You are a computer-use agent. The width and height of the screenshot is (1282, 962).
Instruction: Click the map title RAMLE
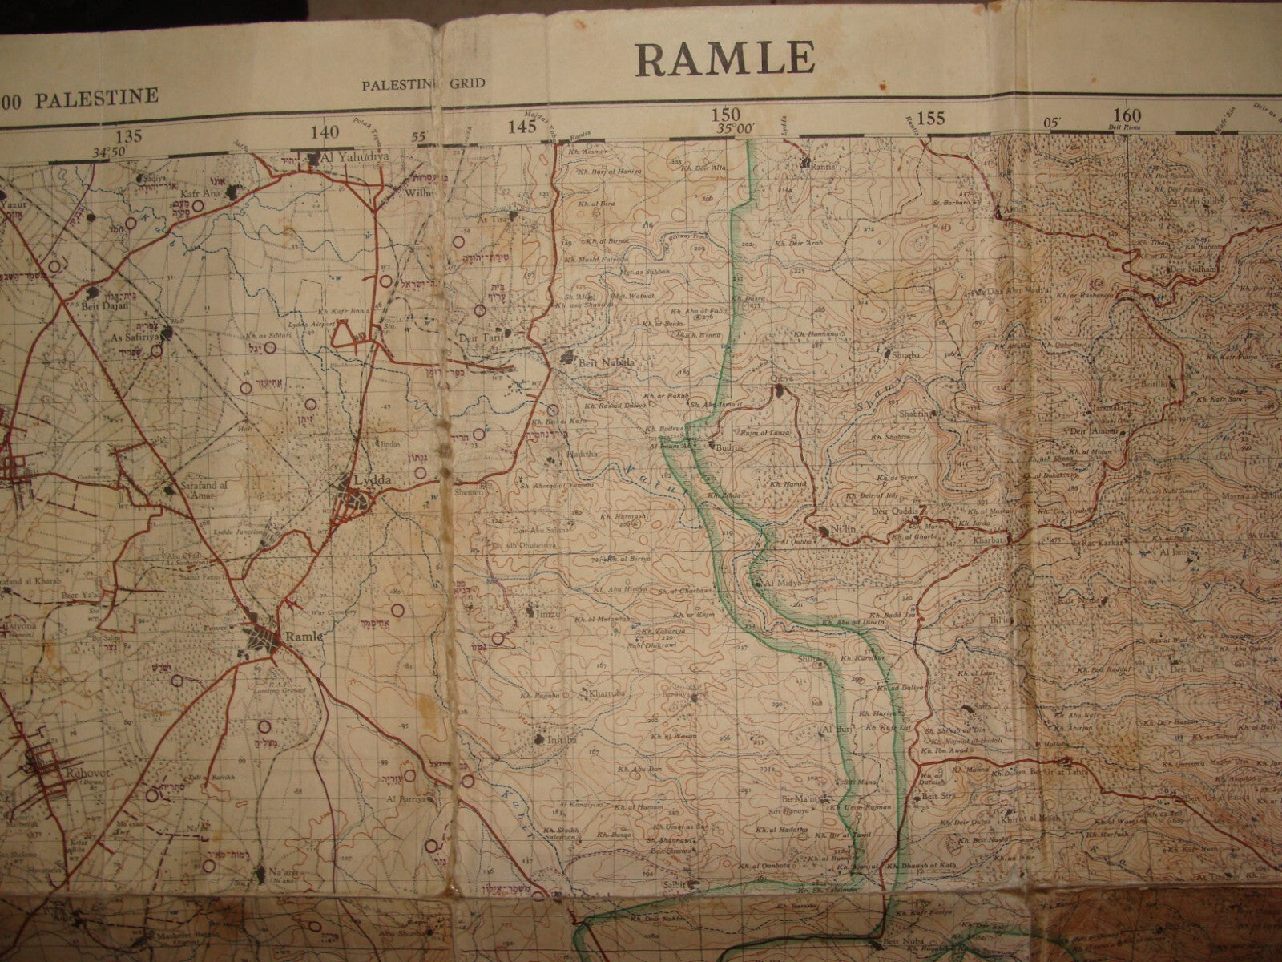point(725,58)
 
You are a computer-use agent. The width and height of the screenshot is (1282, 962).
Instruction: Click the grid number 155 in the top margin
point(930,119)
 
